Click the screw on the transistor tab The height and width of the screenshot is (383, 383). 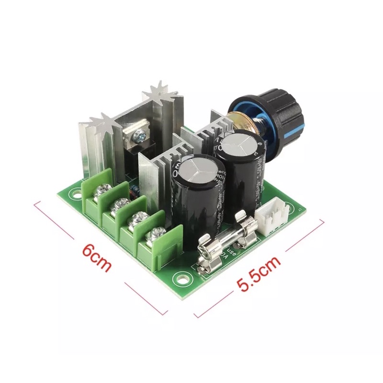tap(141, 137)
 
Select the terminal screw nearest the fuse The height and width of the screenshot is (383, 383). tap(155, 235)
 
